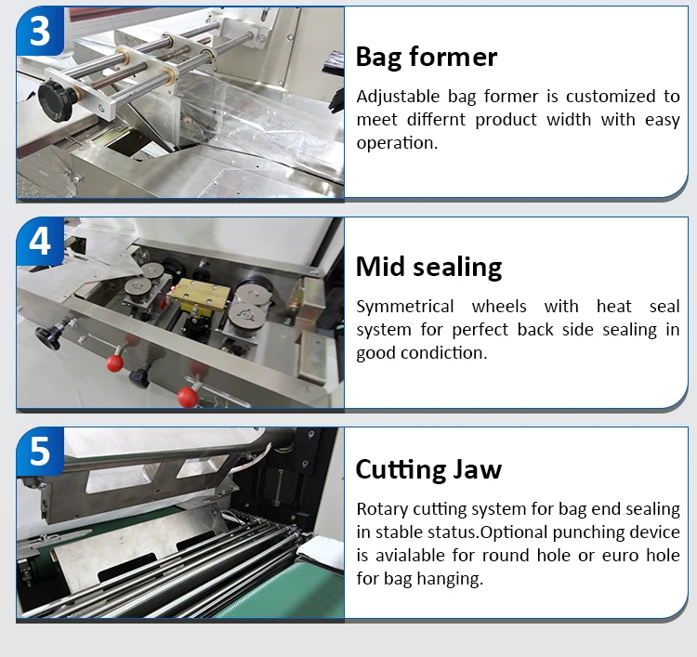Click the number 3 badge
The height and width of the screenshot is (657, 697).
point(39,30)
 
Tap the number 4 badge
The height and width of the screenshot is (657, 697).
point(39,240)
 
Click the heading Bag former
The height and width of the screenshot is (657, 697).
point(427,57)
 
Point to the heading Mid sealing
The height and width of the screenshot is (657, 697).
point(428,268)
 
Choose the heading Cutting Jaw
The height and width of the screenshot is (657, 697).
point(428,469)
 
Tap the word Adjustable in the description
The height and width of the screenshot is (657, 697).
point(396,97)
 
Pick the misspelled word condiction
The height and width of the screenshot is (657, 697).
point(441,353)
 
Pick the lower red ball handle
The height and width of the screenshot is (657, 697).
point(187,398)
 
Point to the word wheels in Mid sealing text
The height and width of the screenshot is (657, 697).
point(503,307)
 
